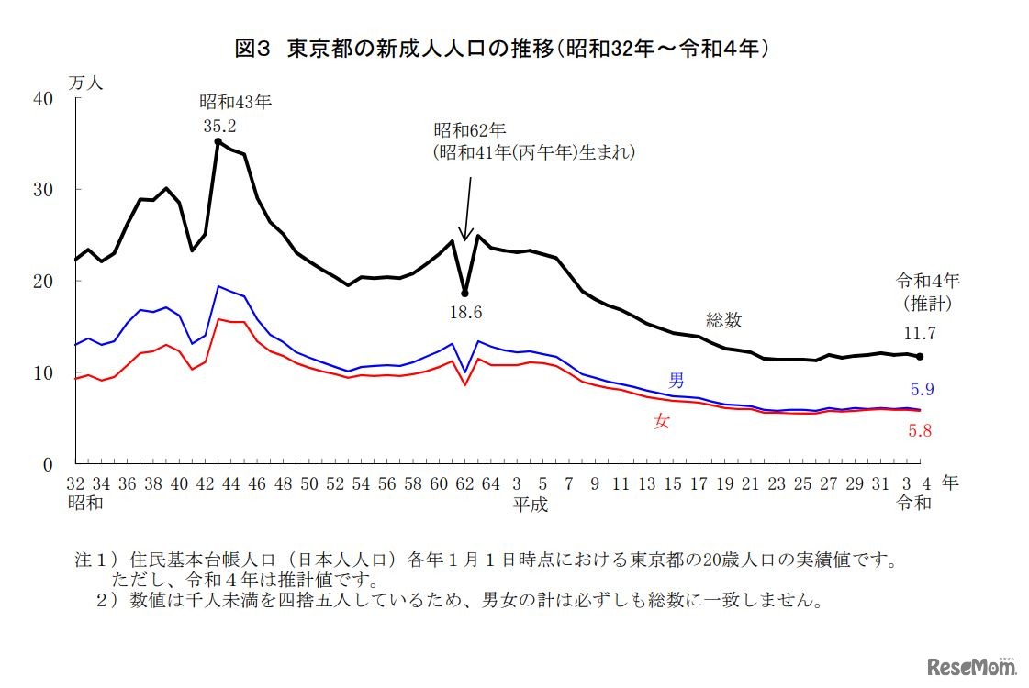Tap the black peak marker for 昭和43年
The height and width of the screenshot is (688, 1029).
218,142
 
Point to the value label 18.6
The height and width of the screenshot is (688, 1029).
465,313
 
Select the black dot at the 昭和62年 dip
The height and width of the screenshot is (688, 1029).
465,294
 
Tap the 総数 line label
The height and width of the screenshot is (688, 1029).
723,320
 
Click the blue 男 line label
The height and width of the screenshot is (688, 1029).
676,380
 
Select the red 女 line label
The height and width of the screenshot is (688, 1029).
661,422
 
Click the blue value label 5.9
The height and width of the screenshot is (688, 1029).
920,390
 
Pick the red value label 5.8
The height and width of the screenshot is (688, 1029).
920,430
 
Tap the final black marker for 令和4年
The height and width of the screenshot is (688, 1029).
920,357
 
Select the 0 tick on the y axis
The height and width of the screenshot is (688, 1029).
48,464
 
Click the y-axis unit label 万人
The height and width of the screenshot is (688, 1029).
86,82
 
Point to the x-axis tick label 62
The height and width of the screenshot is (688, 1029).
465,483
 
